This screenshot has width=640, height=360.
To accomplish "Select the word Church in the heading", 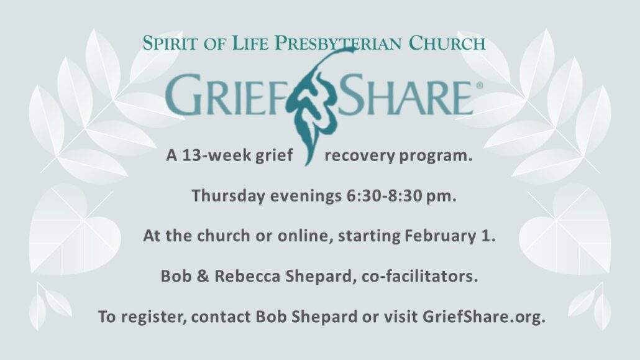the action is [447, 43].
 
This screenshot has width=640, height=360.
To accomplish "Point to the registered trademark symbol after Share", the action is [479, 85].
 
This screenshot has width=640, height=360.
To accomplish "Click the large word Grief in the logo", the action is [227, 95].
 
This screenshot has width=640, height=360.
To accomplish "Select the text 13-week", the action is [216, 155].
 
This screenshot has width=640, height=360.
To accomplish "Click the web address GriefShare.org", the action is [483, 317].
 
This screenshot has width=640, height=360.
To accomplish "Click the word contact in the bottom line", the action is [221, 317].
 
